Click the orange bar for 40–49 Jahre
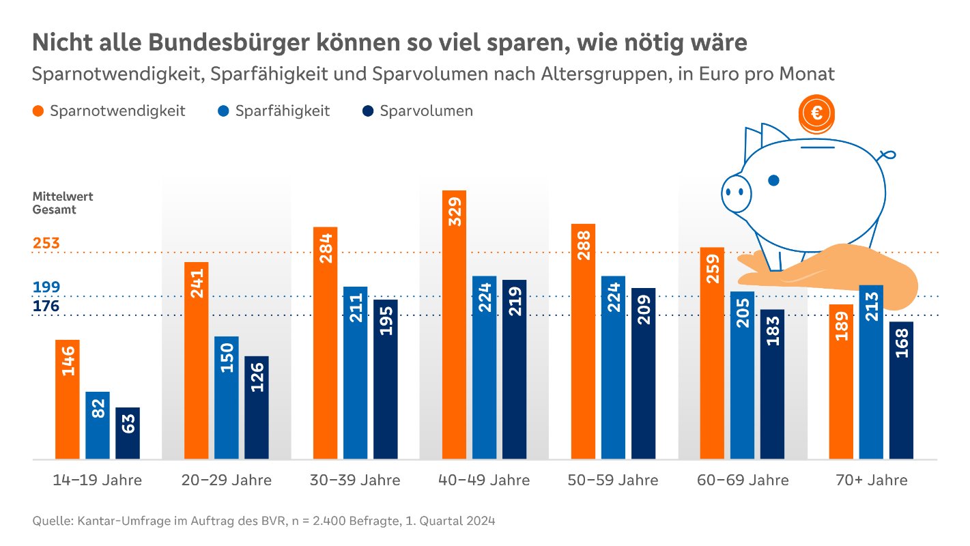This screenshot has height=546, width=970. tap(454, 324)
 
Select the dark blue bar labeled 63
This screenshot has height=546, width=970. tap(128, 433)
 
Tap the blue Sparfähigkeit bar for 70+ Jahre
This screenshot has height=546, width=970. tap(871, 372)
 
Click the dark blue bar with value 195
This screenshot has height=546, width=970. tap(385, 379)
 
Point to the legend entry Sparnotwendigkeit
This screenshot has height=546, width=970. tap(109, 111)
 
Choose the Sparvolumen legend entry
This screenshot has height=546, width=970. tap(418, 111)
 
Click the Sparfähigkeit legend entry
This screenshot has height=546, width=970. tap(274, 111)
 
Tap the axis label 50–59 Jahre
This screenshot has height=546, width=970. tap(612, 480)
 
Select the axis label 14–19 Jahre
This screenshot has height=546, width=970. tap(97, 480)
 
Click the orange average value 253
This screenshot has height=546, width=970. tap(46, 243)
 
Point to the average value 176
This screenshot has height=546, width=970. tap(46, 306)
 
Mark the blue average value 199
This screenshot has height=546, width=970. tap(46, 287)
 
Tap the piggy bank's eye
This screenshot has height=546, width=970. tap(773, 180)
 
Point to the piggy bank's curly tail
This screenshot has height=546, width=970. tap(887, 154)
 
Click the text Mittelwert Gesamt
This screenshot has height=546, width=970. tap(62, 203)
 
